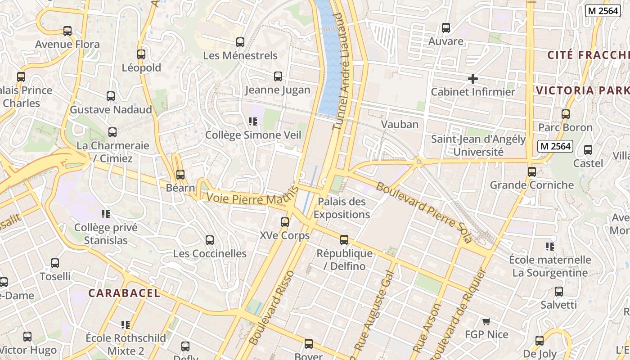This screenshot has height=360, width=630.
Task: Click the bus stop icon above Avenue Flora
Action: coord(67,31)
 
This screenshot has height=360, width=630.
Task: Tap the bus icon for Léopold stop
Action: coord(141,54)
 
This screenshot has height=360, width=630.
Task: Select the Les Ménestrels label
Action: coord(240,56)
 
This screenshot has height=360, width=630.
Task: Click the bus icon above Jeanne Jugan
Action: coord(278,76)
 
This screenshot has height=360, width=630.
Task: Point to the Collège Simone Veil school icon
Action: coord(253,121)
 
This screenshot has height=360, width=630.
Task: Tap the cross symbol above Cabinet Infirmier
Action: coord(472,79)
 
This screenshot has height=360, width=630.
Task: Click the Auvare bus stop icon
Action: coord(446,28)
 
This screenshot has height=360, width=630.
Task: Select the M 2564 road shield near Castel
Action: coord(555,146)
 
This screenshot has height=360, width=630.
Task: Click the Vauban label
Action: coord(400,124)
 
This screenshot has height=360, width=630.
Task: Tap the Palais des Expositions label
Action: coord(342,208)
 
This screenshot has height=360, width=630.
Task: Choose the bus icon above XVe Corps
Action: coord(285,222)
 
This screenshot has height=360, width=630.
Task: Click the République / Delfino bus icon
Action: coord(344,240)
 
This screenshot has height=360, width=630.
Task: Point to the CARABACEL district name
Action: coord(124,293)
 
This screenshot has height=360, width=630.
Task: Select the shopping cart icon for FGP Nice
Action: coord(486,321)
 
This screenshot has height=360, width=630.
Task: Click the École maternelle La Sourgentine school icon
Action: coord(550,246)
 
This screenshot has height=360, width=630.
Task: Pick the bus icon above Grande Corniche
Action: coord(532,171)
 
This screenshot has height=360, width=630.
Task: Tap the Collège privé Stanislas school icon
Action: coord(106,214)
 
